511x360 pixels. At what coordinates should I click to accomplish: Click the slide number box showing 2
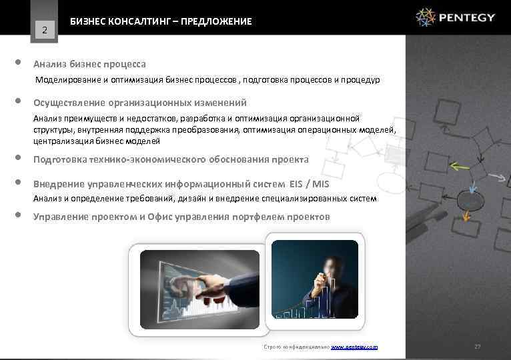point(44,29)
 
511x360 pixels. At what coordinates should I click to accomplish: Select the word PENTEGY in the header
point(468,17)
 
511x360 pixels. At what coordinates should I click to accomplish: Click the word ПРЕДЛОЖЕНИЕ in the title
point(219,21)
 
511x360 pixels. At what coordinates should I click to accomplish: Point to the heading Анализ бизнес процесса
point(89,64)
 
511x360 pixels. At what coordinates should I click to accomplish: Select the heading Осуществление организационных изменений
point(140,103)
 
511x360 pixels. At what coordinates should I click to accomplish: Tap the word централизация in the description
point(63,141)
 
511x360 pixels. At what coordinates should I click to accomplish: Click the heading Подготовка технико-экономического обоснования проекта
point(171,159)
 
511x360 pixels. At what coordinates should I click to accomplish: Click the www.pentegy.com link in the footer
point(354,347)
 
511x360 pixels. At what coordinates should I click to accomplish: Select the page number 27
point(476,347)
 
